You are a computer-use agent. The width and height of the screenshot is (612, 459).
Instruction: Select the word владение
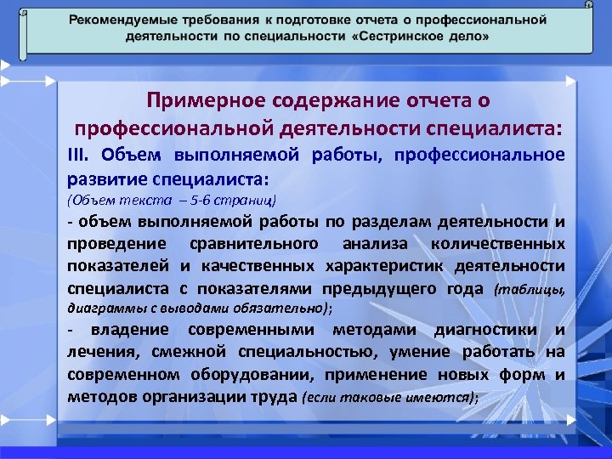tap(122, 331)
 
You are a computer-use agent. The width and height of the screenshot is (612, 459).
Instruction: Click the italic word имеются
tap(442, 397)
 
